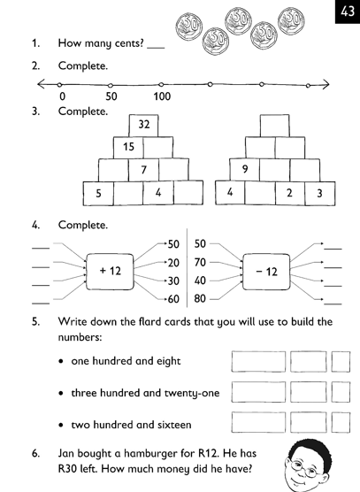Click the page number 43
[348, 12]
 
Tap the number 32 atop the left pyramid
[144, 124]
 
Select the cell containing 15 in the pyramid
[128, 147]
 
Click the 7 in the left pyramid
[143, 170]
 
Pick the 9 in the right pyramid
[245, 169]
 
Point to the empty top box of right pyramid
[275, 126]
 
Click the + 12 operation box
[110, 272]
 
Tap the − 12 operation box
[266, 272]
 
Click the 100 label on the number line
[162, 96]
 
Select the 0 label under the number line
[63, 96]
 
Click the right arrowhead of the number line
[326, 84]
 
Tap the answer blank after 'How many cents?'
[156, 48]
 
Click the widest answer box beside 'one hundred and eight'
[258, 361]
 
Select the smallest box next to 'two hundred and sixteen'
[341, 422]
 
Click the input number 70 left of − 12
[200, 262]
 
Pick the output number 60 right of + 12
[173, 299]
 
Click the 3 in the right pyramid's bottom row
[319, 193]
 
